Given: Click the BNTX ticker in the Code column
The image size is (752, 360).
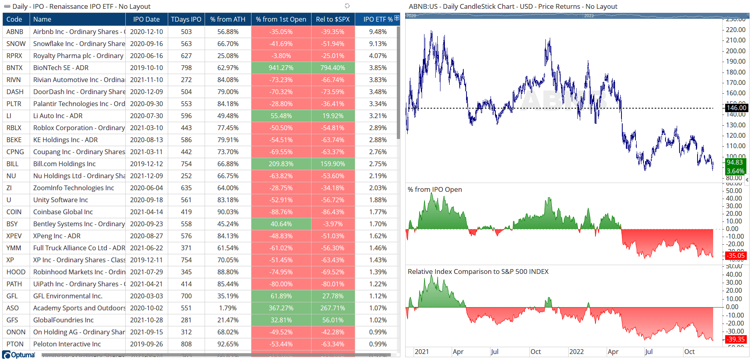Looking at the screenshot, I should coord(14,68).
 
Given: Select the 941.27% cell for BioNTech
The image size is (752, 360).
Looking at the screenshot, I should coord(281,68).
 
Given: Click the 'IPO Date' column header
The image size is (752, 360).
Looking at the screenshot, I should coord(146,19).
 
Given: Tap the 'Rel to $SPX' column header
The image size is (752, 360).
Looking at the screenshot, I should coord(332,19).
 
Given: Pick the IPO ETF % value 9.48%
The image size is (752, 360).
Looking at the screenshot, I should coord(378,32).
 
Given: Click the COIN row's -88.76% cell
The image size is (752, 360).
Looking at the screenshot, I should coord(281,212).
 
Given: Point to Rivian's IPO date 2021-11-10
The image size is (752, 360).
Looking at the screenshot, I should coord(146,80).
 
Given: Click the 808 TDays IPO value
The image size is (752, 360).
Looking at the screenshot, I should coord(186,344).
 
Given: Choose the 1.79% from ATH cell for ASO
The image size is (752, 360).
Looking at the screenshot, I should coord(227,308).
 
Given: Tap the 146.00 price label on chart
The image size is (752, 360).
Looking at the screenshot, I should coord(736,108).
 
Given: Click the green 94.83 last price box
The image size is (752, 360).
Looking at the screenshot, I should coord(735,163).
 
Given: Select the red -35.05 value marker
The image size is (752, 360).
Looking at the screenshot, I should coord(736,255).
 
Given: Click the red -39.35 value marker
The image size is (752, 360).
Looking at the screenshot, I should coord(736,339).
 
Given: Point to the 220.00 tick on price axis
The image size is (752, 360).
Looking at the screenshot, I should coord(736,30).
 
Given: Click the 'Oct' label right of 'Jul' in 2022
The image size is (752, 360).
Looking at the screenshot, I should coord(689,352).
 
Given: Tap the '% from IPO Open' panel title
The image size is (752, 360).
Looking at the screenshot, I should coord(434,189).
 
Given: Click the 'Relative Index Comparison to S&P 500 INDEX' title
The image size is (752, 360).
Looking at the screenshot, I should coord(478,272).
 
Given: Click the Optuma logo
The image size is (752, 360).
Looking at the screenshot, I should coord(19,355).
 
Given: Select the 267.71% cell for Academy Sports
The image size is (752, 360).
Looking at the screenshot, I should coord(332,308).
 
